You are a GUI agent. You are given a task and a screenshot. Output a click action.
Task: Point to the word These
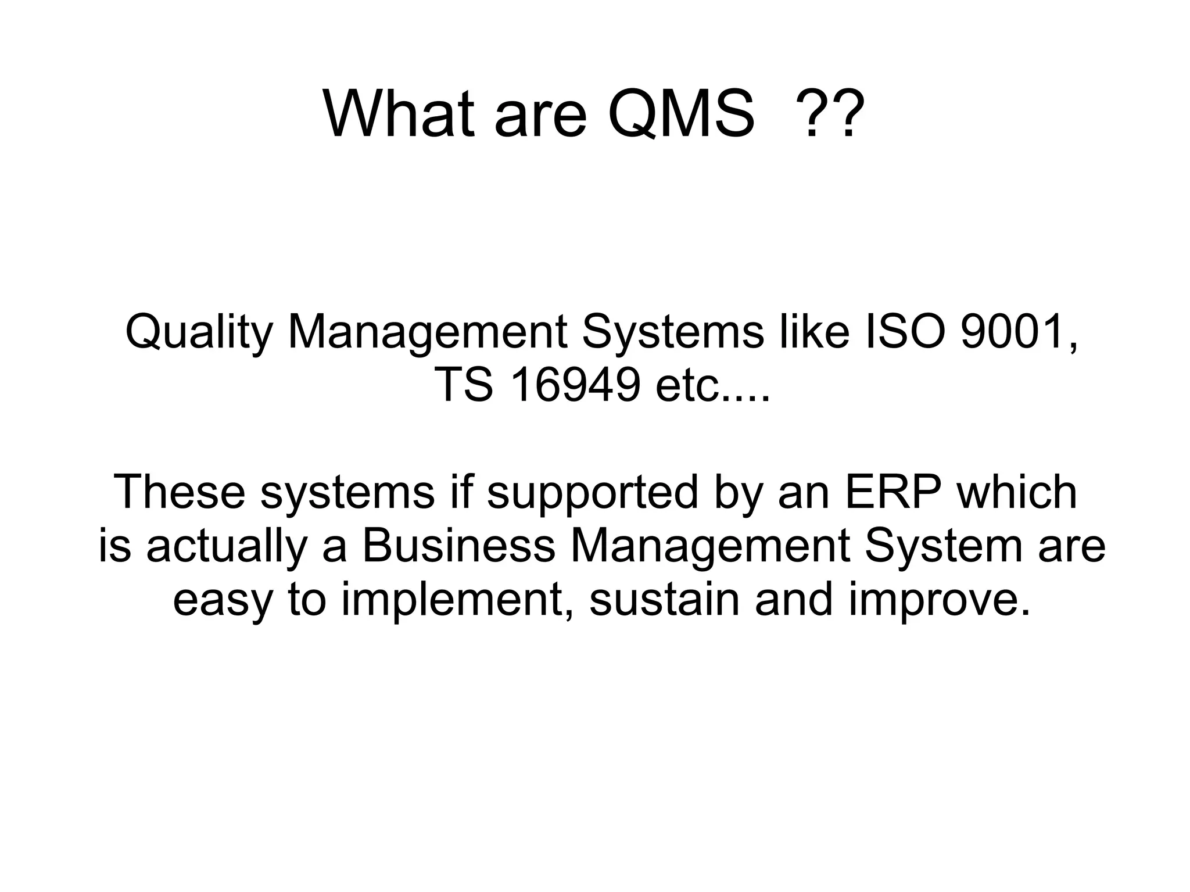[180, 492]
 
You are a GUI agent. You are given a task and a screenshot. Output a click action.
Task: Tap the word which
[1017, 492]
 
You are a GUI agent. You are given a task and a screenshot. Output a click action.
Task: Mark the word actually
[227, 547]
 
